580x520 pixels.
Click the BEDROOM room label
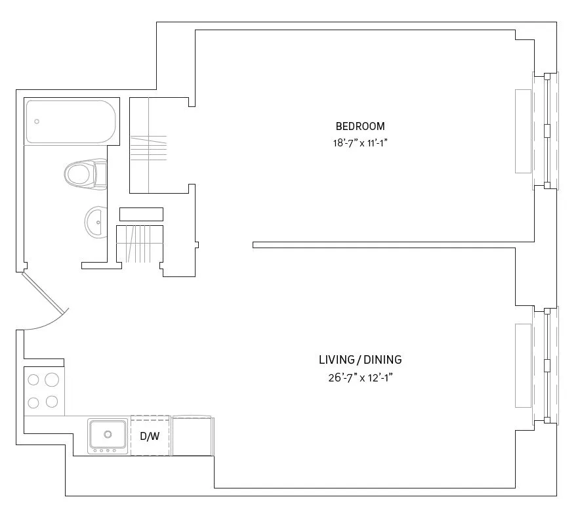(x=360, y=126)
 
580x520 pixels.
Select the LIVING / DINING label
(x=360, y=360)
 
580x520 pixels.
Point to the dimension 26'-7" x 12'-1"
(x=360, y=377)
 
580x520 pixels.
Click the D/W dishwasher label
(x=150, y=436)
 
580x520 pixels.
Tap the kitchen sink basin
(x=108, y=433)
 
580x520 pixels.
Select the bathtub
(x=70, y=122)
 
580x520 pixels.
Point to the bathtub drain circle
(x=37, y=121)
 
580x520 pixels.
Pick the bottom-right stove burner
(x=52, y=401)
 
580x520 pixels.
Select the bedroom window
(x=547, y=130)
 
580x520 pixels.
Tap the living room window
(x=547, y=365)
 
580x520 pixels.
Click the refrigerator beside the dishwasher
(x=192, y=435)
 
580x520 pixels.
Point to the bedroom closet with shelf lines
(x=159, y=146)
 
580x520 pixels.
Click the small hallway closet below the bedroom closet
(x=139, y=243)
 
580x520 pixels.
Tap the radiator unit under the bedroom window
(x=523, y=131)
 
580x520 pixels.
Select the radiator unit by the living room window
(x=523, y=365)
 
